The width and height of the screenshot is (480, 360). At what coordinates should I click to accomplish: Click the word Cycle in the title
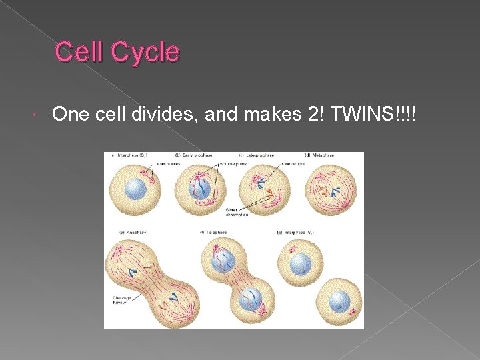(146, 52)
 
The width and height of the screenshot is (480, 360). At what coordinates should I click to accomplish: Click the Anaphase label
(133, 232)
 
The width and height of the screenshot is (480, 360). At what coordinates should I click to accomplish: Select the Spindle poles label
(226, 163)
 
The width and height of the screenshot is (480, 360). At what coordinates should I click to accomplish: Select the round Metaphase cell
(330, 189)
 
